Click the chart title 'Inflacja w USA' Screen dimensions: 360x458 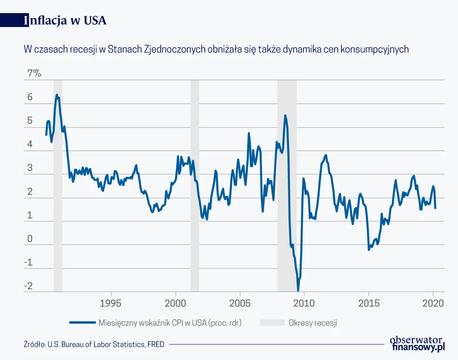click(x=65, y=20)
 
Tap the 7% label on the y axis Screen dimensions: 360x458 click(x=34, y=73)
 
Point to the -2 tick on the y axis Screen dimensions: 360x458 click(x=28, y=286)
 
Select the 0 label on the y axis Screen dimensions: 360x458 click(x=29, y=239)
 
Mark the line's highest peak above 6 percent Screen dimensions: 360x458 click(x=57, y=95)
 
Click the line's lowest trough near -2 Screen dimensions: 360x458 click(x=298, y=290)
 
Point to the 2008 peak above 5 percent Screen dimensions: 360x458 click(x=285, y=116)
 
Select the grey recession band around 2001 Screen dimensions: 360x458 click(x=195, y=184)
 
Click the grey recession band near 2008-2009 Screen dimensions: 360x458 click(x=287, y=184)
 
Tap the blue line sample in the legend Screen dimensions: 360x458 click(x=82, y=323)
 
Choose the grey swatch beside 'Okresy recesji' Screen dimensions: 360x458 click(x=272, y=323)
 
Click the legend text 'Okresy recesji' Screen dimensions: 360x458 click(x=313, y=323)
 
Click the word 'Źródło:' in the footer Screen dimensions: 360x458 click(x=35, y=344)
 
